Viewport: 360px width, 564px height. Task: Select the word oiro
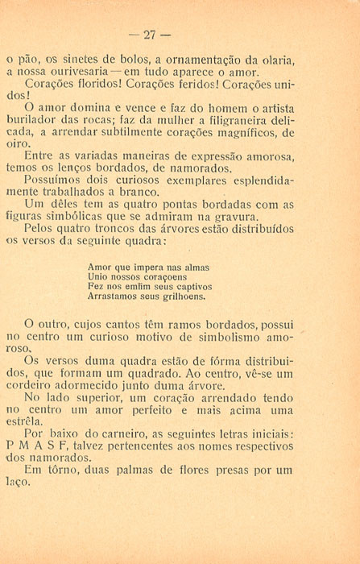click(16, 144)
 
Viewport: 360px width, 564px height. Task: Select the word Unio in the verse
click(99, 276)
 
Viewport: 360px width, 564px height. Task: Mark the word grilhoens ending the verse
click(182, 296)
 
